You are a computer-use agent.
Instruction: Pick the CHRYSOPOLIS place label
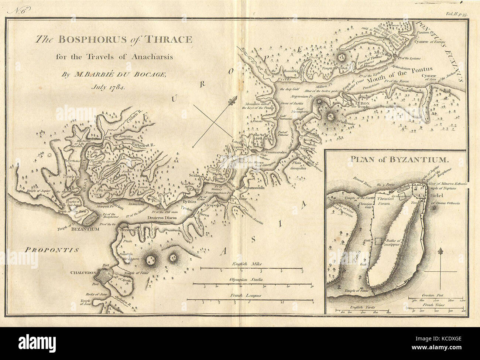[x=130, y=230]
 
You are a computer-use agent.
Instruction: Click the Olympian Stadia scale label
[x=247, y=280]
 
